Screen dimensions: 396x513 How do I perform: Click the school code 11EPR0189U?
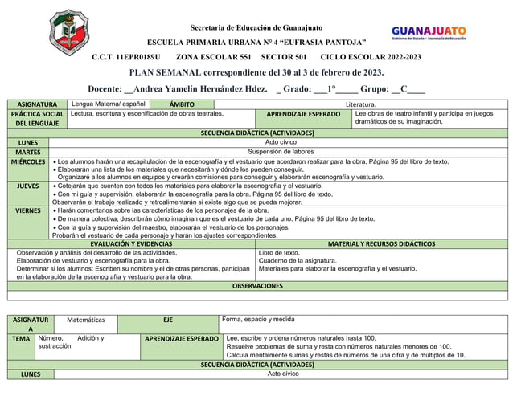tap(126, 58)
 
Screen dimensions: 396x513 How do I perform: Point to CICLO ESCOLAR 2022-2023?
tap(370, 58)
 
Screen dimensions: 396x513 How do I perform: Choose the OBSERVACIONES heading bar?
tap(257, 286)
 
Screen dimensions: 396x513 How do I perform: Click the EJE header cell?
tap(168, 320)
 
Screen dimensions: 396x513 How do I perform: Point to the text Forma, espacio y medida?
tap(258, 319)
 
